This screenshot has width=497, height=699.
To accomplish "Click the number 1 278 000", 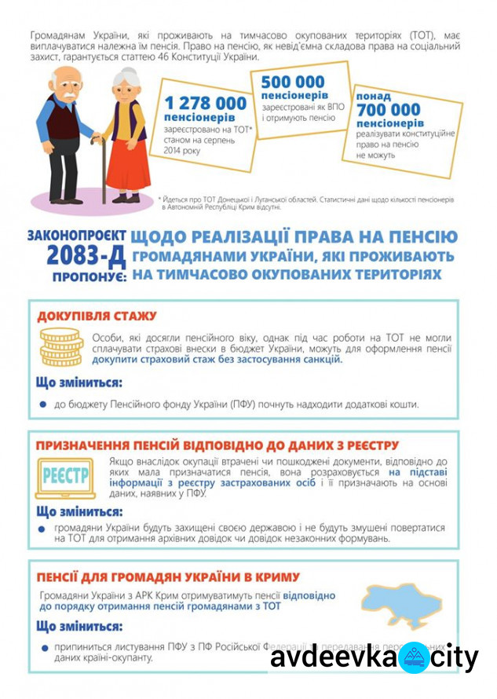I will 205,103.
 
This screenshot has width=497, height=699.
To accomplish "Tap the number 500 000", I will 293,82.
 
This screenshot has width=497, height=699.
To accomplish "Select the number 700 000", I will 388,109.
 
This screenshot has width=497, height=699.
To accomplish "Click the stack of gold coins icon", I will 61,346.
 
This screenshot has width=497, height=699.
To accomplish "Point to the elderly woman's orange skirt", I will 127,161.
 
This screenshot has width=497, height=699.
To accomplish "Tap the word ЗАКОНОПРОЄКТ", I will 75,234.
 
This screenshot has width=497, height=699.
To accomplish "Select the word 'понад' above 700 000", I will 374,95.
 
